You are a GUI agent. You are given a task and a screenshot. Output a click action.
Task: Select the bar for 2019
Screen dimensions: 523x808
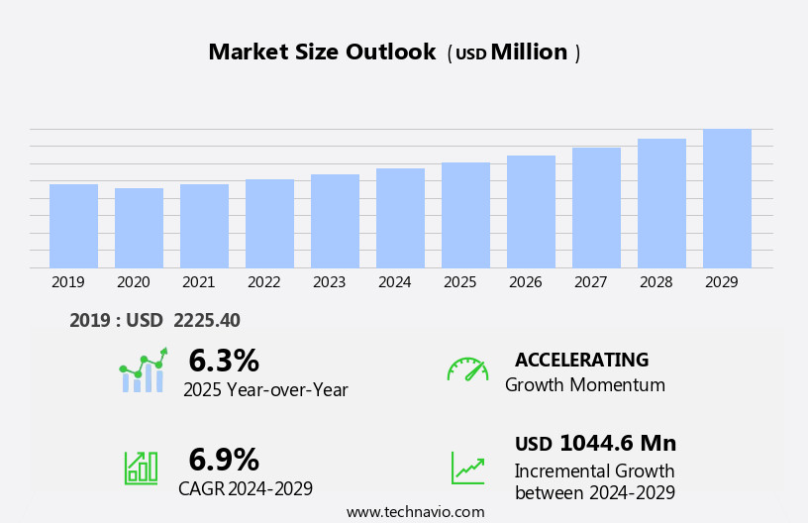(x=73, y=226)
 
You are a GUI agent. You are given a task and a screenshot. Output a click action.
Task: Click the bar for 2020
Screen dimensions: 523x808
(x=139, y=228)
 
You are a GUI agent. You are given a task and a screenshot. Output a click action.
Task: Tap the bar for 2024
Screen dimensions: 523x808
(x=400, y=218)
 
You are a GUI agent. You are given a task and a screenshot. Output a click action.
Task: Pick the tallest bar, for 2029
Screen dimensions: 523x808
(x=727, y=198)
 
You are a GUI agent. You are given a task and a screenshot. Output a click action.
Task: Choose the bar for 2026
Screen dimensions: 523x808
(x=531, y=211)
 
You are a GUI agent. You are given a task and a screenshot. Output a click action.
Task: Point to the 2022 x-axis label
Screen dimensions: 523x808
(x=263, y=282)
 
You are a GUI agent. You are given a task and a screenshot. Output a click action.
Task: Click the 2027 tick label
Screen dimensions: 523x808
(x=590, y=282)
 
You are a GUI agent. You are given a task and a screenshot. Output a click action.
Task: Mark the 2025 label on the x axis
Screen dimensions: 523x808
(x=459, y=282)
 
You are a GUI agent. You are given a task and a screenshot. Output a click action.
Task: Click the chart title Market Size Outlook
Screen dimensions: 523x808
(x=322, y=52)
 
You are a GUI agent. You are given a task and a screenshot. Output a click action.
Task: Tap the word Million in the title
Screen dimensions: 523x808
(x=529, y=52)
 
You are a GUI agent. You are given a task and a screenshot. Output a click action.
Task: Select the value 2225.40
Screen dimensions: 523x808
(x=206, y=320)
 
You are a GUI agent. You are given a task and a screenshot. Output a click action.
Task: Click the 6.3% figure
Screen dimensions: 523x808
(x=224, y=361)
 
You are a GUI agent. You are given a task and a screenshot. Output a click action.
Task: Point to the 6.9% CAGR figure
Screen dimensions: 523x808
(x=224, y=460)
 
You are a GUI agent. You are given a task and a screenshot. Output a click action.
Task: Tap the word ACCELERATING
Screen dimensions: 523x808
(x=581, y=360)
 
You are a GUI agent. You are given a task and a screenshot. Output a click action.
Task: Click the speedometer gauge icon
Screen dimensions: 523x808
(x=467, y=369)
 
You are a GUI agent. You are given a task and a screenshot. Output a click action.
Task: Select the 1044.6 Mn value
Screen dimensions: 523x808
(x=618, y=443)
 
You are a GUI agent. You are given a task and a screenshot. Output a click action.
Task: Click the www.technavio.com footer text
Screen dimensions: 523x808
(x=415, y=512)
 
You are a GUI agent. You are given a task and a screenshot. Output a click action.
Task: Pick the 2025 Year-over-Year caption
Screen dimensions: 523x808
(x=265, y=390)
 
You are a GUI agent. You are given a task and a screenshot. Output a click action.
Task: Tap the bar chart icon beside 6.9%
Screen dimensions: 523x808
(x=141, y=467)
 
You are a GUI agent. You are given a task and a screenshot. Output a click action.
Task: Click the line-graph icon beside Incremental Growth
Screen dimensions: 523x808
(x=467, y=468)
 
